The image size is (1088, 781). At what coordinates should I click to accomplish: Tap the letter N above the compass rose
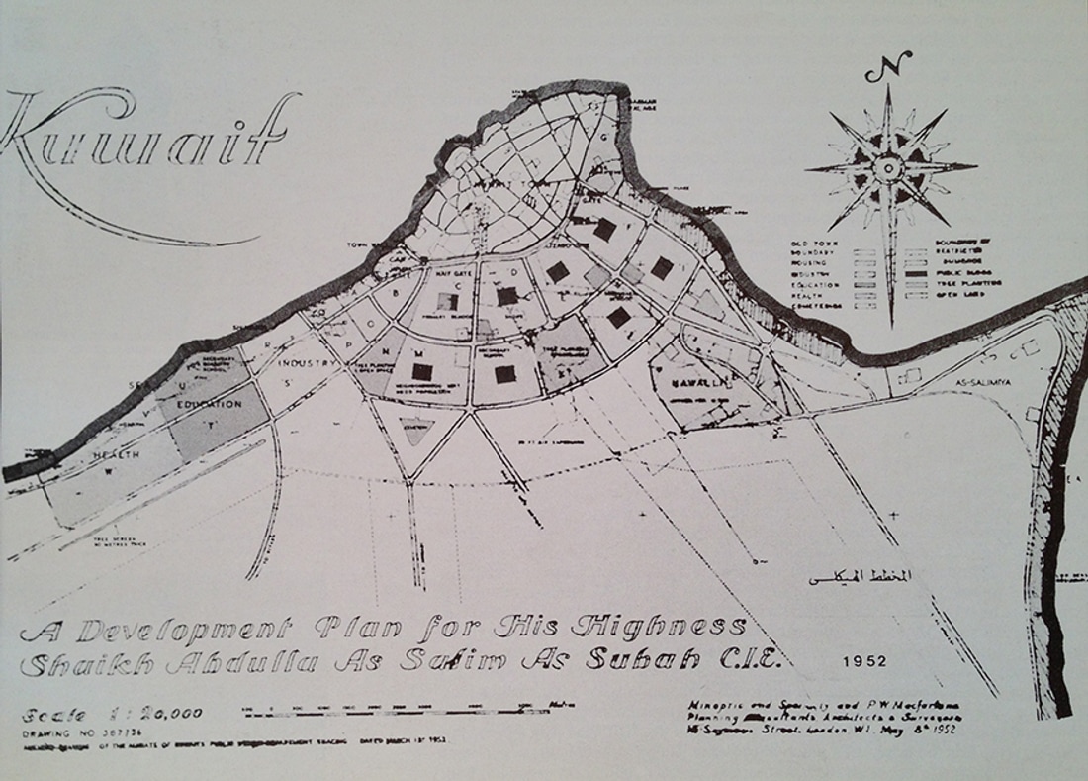886,70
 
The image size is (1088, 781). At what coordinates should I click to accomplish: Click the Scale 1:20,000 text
111,713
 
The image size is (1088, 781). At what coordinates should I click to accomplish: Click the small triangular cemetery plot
416,430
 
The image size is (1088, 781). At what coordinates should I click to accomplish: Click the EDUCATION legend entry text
813,284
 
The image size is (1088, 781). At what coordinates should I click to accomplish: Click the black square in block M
422,371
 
